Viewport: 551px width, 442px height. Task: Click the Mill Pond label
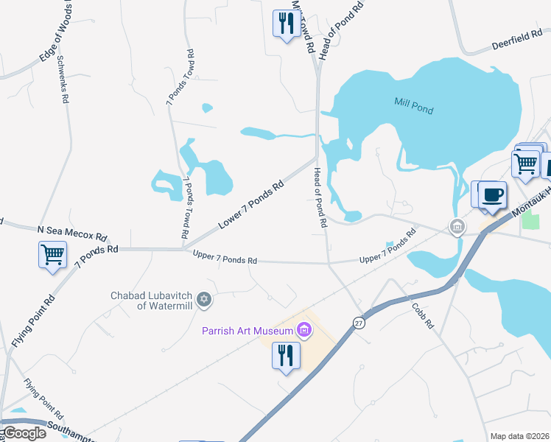click(x=413, y=106)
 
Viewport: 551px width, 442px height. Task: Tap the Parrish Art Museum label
click(x=248, y=331)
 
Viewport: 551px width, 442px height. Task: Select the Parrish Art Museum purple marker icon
click(x=303, y=331)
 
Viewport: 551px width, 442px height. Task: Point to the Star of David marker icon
click(x=205, y=300)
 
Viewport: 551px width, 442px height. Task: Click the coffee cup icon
click(x=493, y=195)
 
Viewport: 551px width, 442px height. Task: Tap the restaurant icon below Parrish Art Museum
click(x=284, y=356)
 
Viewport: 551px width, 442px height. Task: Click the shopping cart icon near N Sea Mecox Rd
click(x=53, y=255)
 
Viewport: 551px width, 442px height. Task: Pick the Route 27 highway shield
click(x=359, y=323)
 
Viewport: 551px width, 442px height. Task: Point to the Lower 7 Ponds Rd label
click(x=251, y=205)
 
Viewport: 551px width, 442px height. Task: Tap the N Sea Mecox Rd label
click(x=72, y=234)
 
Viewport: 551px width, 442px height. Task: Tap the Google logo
click(x=24, y=433)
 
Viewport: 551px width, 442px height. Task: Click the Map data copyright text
click(x=519, y=436)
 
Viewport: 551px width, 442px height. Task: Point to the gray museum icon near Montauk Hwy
click(x=457, y=225)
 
